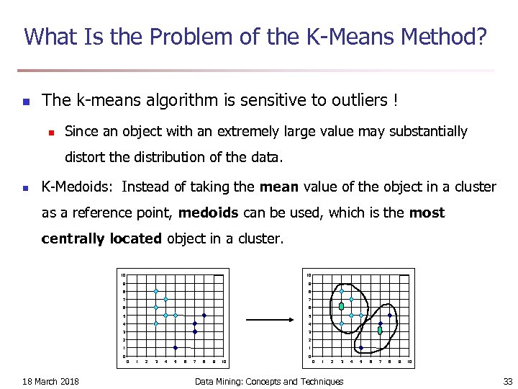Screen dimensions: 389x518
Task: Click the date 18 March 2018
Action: coord(51,381)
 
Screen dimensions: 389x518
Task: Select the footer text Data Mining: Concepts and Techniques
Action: coord(269,381)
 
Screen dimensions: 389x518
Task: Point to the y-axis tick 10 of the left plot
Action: coord(123,275)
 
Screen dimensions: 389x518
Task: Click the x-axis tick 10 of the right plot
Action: coord(409,362)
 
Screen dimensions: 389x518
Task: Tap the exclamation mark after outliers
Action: coord(395,101)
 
